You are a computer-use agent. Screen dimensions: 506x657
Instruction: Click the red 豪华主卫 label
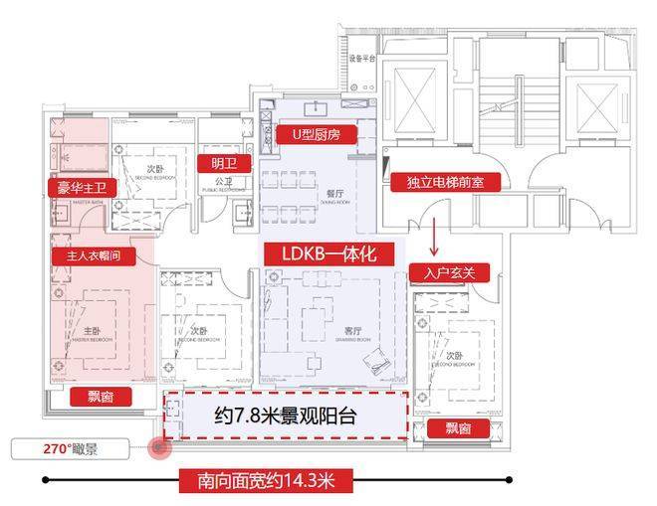(x=82, y=187)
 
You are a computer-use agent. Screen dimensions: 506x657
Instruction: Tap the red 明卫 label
(x=225, y=163)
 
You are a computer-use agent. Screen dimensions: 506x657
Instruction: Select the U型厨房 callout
(x=317, y=133)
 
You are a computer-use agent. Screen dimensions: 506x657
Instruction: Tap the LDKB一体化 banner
(x=322, y=253)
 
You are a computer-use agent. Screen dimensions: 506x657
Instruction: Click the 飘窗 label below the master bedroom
(x=101, y=396)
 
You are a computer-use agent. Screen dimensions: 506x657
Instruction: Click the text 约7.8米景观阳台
(x=287, y=417)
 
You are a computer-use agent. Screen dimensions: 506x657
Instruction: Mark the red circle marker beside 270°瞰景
(x=157, y=448)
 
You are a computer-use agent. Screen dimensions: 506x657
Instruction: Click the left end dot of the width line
(x=46, y=481)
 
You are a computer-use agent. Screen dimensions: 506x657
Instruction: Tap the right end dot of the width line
(x=509, y=480)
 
